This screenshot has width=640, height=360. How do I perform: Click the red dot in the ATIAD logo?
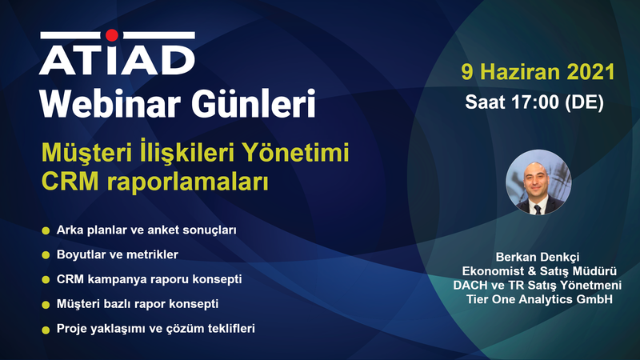coord(112,35)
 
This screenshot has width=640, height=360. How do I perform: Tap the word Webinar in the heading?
coord(110,104)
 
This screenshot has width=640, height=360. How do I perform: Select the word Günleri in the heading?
coord(254,104)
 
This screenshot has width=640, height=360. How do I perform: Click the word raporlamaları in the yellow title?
coord(188,182)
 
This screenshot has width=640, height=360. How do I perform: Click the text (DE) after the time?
coord(584,102)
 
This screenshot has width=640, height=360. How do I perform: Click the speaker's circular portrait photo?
coord(538,182)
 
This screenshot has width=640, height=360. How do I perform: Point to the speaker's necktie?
coord(538,210)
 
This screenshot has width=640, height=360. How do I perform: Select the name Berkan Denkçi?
coord(538,257)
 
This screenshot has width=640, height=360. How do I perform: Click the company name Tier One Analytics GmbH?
coord(539,299)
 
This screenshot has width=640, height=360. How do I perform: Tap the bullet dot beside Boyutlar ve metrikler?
coord(46,255)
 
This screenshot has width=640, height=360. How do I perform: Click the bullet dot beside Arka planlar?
coord(46,231)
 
